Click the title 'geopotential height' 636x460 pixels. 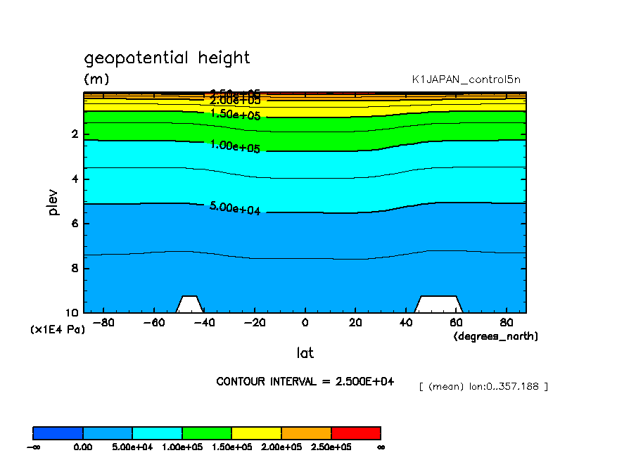[167, 58]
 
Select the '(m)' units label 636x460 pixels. [96, 79]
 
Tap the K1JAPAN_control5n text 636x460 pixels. [466, 79]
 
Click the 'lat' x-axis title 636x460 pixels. [305, 352]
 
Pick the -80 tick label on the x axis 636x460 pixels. [103, 323]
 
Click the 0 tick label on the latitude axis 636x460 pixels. [305, 323]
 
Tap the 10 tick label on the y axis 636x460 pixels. [72, 313]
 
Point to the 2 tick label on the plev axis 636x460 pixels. [75, 134]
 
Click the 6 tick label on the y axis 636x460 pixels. [75, 224]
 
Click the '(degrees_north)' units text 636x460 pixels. [495, 336]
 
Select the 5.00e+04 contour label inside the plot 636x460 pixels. [235, 208]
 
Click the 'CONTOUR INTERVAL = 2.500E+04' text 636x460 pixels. [305, 381]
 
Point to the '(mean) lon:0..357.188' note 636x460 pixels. [483, 386]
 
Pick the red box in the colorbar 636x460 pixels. [355, 433]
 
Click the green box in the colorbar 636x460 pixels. [207, 433]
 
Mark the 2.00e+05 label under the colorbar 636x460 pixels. [281, 447]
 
